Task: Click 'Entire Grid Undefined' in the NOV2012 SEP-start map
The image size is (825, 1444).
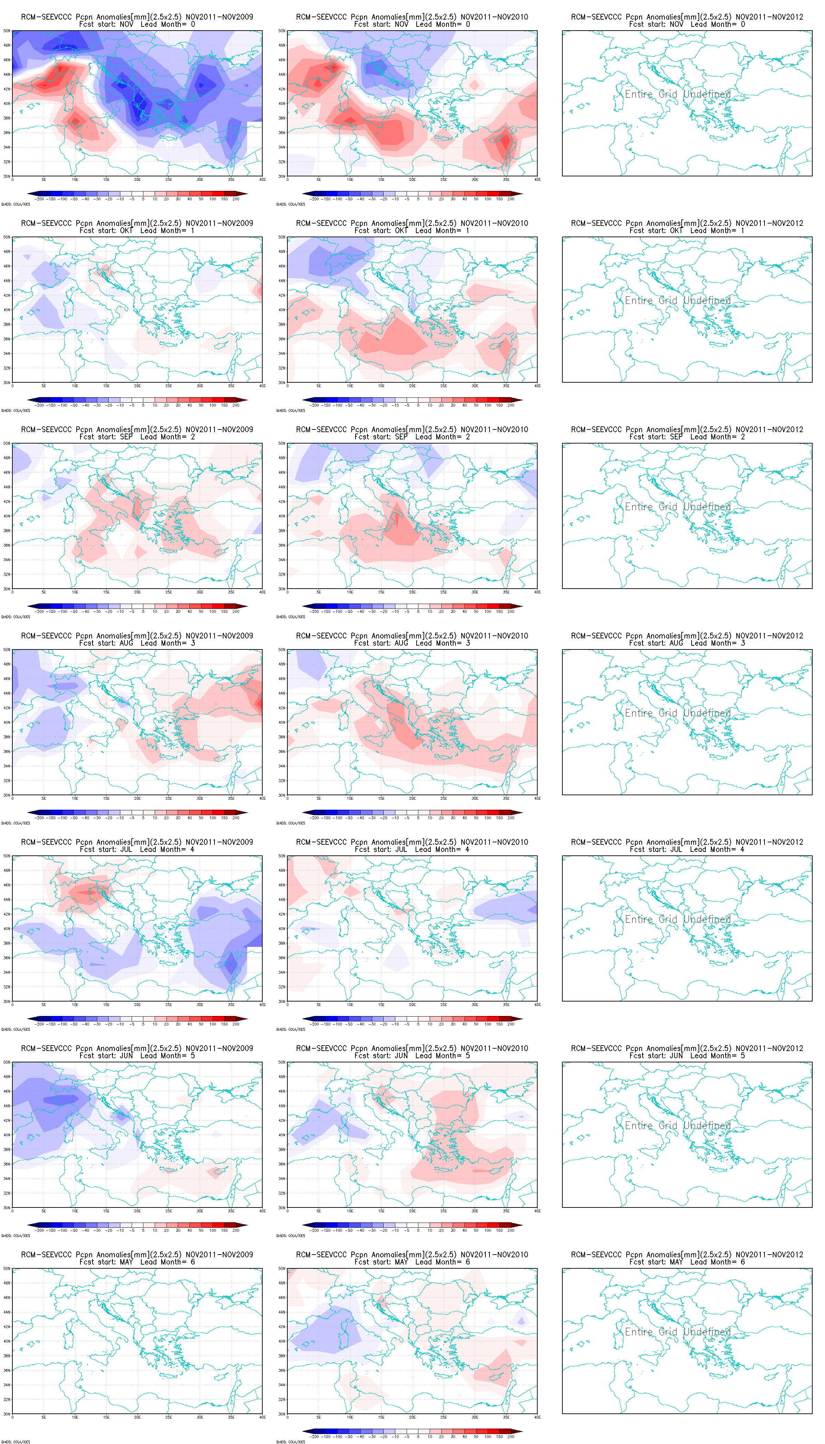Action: pos(678,507)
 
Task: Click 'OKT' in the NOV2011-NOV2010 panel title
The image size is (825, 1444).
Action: pos(401,231)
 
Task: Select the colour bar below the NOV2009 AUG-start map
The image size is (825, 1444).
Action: pos(137,813)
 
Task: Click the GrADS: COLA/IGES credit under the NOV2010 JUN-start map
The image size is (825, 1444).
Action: pos(291,1235)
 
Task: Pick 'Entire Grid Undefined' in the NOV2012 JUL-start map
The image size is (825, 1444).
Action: pos(678,919)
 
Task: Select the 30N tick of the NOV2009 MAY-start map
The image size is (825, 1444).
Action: pos(7,1414)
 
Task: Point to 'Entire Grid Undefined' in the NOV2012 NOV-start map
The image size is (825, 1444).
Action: pos(678,94)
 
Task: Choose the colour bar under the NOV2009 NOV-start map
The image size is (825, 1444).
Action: pos(137,194)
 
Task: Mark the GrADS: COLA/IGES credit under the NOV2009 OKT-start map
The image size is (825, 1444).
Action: pos(15,410)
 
